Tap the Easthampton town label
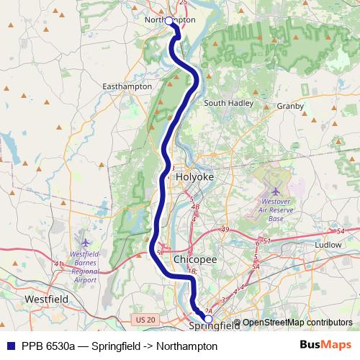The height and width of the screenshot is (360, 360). tap(127, 86)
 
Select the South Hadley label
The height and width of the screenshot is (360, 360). tap(228, 103)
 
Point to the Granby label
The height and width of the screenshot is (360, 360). tap(290, 105)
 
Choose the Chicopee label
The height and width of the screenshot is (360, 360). tap(191, 258)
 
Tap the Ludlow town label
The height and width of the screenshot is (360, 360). tap(328, 245)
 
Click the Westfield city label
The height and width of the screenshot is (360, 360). tap(45, 297)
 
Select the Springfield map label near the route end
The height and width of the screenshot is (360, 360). tap(214, 326)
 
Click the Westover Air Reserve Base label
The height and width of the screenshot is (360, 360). tap(276, 211)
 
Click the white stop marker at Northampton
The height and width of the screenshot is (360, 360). tap(170, 22)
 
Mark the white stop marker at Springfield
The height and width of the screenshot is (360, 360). tap(208, 318)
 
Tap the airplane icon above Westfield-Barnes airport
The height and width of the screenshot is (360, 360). tap(86, 243)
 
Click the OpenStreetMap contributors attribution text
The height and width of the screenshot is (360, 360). tap(297, 323)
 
